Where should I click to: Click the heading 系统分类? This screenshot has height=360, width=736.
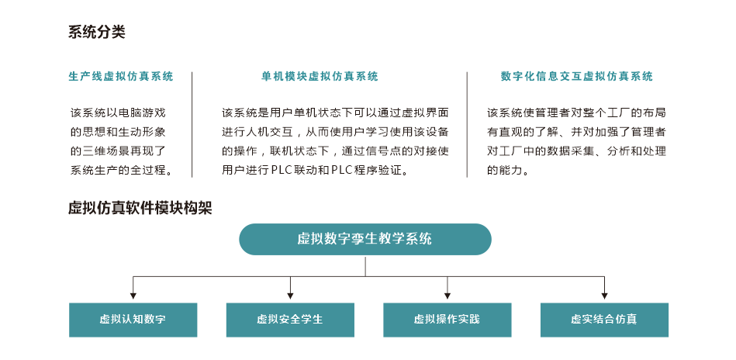(97, 33)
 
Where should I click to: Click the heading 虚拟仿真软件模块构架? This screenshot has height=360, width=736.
(140, 208)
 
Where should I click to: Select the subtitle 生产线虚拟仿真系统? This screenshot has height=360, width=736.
(121, 77)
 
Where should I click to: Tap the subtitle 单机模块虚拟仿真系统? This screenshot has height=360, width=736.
(320, 77)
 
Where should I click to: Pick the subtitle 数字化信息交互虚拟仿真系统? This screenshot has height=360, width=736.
(577, 77)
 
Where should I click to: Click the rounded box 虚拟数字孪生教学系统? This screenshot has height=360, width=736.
(365, 239)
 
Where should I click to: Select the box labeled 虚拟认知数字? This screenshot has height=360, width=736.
(133, 320)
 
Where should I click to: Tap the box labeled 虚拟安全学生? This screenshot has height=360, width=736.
(290, 320)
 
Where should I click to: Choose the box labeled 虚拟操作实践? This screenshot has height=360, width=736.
(447, 320)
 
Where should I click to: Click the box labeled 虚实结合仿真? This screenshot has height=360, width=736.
(605, 320)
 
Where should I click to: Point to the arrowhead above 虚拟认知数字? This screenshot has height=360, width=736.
(133, 296)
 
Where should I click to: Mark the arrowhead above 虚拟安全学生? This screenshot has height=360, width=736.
(290, 296)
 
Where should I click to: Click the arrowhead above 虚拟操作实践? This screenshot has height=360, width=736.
(447, 296)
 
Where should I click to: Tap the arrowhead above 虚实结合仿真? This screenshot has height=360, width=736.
(605, 296)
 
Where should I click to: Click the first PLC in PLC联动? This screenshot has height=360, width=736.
(282, 170)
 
